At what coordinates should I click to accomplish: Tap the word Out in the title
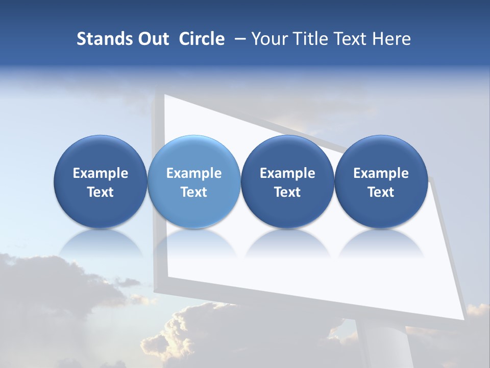click(152, 39)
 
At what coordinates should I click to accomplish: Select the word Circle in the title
click(202, 39)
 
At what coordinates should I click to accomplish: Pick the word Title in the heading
click(312, 39)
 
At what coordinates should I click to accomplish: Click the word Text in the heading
click(350, 39)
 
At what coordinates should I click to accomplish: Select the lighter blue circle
click(193, 182)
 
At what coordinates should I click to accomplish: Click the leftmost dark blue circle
click(100, 182)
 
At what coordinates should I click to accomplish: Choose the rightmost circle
click(381, 182)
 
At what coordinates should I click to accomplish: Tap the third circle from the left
click(287, 182)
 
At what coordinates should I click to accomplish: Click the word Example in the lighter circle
click(194, 173)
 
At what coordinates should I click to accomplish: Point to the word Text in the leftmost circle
click(100, 192)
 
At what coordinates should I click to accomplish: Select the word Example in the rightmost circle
click(381, 173)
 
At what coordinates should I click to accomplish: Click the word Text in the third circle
click(287, 192)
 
